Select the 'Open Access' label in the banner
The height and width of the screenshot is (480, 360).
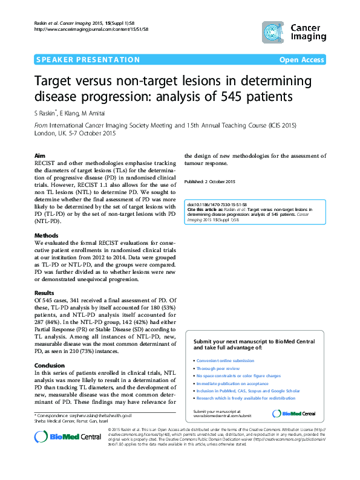coord(302,60)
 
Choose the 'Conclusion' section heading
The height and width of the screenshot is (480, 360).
coord(49,365)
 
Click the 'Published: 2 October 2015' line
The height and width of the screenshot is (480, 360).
coord(209,182)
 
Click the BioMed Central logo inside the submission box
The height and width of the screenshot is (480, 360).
coord(293,414)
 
